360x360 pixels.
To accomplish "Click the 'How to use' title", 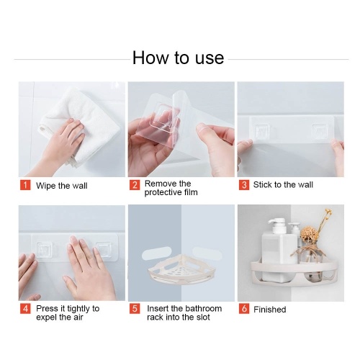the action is (179, 58).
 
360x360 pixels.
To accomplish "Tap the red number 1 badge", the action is (25, 185).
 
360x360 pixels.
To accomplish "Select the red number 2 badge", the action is (135, 185).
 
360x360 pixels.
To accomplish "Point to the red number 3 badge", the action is (244, 185).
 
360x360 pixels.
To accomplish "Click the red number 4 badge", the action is (25, 309).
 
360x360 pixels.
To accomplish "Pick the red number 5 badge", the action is (135, 309).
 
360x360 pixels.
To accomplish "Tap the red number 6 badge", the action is (244, 309).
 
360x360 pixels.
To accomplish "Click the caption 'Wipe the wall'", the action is (62, 186).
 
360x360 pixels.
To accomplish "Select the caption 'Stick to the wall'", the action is (283, 184).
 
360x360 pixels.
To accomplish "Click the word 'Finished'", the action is (270, 310).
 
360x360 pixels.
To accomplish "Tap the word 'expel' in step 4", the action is (47, 318).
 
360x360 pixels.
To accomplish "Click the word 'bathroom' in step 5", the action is (204, 308).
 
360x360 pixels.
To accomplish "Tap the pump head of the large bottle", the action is (279, 225).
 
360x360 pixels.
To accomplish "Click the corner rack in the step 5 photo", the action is (181, 269).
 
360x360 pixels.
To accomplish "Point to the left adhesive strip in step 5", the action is (156, 254).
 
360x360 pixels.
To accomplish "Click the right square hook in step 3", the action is (319, 131).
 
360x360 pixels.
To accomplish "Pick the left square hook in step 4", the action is (45, 249).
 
